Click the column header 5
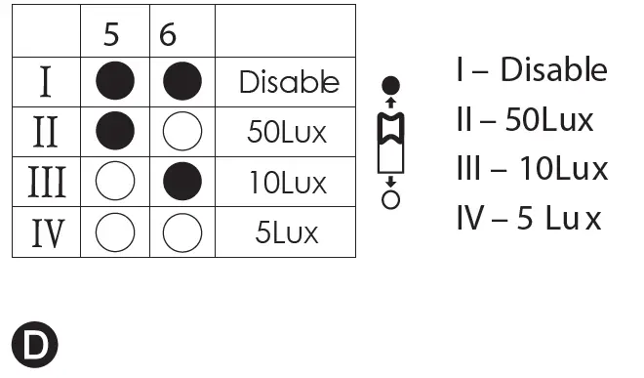click(x=115, y=35)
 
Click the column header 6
click(x=168, y=35)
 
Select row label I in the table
click(x=45, y=83)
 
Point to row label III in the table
click(x=45, y=183)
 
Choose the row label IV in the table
click(x=45, y=233)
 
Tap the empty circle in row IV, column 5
click(x=115, y=233)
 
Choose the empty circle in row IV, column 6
click(x=182, y=233)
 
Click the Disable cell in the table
click(x=289, y=83)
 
